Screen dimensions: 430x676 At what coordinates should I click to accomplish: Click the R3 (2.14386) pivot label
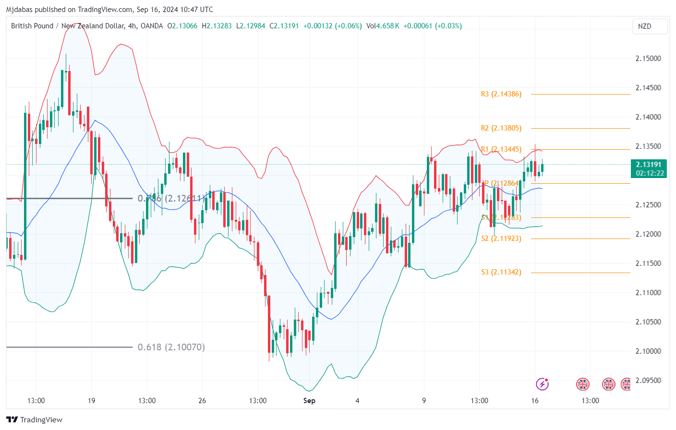pyautogui.click(x=501, y=94)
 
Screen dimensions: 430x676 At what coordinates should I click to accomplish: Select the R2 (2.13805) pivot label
pyautogui.click(x=501, y=128)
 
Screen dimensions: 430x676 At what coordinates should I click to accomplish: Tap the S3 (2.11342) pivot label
pyautogui.click(x=501, y=272)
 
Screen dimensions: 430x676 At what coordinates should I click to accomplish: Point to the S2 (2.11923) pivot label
pyautogui.click(x=501, y=239)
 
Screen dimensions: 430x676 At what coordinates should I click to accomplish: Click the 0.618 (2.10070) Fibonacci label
pyautogui.click(x=171, y=347)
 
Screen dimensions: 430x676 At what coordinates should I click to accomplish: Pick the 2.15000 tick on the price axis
pyautogui.click(x=648, y=59)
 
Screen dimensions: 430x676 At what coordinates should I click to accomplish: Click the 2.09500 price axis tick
pyautogui.click(x=648, y=381)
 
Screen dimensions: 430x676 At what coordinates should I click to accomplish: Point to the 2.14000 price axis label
pyautogui.click(x=648, y=117)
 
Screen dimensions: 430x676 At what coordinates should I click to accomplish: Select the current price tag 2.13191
pyautogui.click(x=649, y=165)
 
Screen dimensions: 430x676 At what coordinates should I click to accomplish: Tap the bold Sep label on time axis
pyautogui.click(x=309, y=401)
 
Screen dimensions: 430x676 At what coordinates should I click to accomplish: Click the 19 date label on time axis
pyautogui.click(x=91, y=401)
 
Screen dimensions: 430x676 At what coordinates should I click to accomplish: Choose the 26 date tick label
pyautogui.click(x=202, y=401)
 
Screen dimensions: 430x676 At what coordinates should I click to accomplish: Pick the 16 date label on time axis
pyautogui.click(x=535, y=401)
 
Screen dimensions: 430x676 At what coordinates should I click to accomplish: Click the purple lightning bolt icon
pyautogui.click(x=542, y=384)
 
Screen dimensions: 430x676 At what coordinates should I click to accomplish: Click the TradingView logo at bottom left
pyautogui.click(x=35, y=420)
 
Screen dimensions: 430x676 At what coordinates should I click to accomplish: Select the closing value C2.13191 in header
pyautogui.click(x=284, y=26)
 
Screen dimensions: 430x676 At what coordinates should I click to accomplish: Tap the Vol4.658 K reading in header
pyautogui.click(x=383, y=26)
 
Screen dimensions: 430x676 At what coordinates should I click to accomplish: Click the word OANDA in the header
pyautogui.click(x=152, y=26)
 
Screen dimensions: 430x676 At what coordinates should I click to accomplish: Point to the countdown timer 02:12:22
pyautogui.click(x=650, y=173)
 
